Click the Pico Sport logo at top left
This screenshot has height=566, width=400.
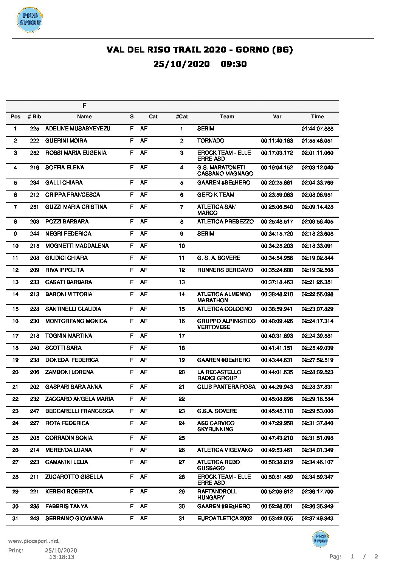(29, 20)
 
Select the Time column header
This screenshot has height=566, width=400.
(317, 116)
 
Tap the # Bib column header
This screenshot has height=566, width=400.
(34, 116)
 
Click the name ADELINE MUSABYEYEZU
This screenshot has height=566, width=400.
(78, 129)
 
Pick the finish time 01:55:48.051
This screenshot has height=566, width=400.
(317, 141)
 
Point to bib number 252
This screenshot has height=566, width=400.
(34, 153)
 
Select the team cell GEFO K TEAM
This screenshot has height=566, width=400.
(216, 195)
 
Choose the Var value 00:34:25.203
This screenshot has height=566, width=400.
(277, 246)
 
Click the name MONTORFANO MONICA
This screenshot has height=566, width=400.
(76, 321)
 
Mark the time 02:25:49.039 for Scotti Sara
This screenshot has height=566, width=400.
(317, 348)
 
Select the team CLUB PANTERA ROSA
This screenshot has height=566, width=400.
(226, 387)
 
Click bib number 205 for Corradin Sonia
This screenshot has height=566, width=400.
(34, 438)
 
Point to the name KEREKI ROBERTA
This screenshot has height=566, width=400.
(69, 492)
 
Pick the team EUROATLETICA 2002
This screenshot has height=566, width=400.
(225, 518)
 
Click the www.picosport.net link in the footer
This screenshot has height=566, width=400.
(33, 541)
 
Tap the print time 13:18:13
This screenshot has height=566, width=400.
(61, 557)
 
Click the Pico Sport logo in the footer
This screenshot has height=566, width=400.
(320, 539)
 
